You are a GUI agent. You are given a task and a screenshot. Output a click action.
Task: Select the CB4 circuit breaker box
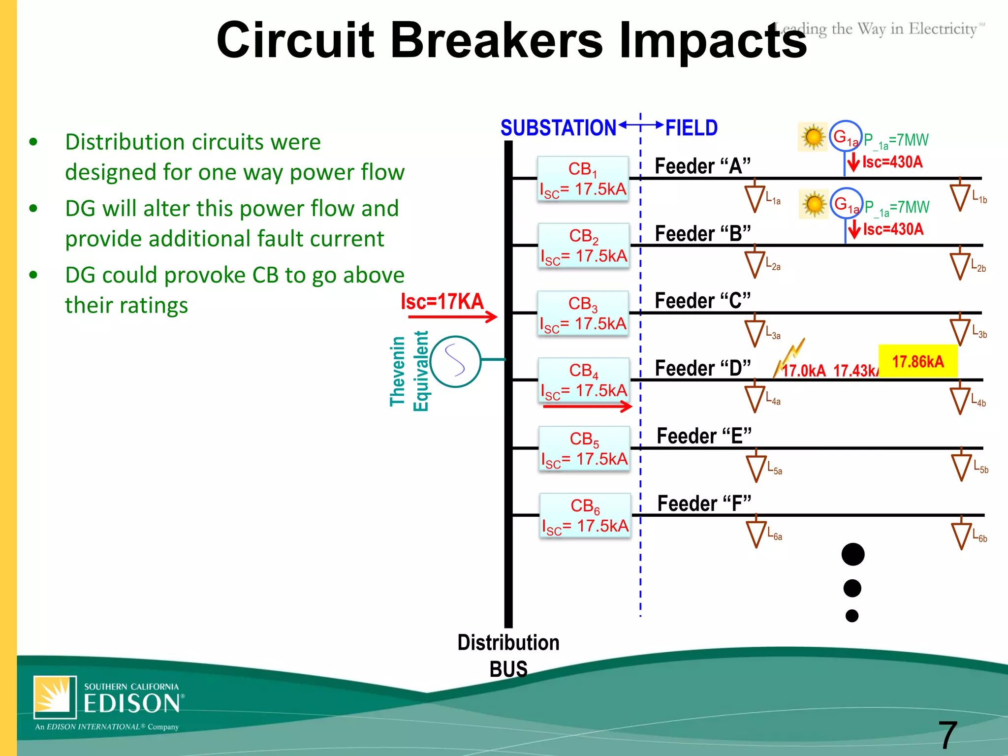click(x=584, y=380)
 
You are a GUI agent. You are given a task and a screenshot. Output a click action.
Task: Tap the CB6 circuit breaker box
click(x=585, y=515)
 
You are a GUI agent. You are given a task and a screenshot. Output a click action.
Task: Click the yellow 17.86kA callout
click(x=918, y=362)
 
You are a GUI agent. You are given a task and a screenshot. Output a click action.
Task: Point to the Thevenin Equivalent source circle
click(x=455, y=362)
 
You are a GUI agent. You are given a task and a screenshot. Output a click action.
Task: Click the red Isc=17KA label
click(x=442, y=301)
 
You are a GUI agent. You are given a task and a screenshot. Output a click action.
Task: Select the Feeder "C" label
click(x=703, y=301)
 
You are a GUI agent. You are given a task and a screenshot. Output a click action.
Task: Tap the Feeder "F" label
click(x=704, y=504)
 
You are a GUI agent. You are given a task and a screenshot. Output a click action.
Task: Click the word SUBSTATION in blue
click(x=558, y=128)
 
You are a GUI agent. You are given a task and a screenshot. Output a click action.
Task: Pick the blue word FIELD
click(x=692, y=128)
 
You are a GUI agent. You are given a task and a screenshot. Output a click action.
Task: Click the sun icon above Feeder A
click(x=813, y=137)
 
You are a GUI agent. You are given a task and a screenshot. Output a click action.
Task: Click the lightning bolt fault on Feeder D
click(x=790, y=357)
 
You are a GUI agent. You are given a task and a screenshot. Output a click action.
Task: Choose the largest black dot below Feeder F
click(x=853, y=555)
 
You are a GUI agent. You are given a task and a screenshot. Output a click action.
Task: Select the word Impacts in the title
click(x=713, y=40)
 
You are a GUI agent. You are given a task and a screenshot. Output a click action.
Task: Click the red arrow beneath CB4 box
click(x=587, y=406)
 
